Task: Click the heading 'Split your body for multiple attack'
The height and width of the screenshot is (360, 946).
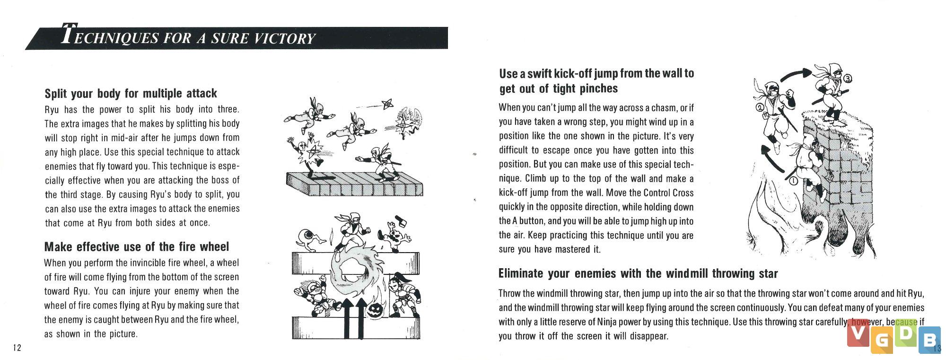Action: pos(131,93)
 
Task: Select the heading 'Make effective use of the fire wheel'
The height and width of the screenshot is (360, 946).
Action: pos(136,246)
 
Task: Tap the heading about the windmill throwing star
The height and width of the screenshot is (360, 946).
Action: pos(638,273)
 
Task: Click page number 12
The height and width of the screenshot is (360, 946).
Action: pos(17,348)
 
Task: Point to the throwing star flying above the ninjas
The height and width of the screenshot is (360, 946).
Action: pos(387,104)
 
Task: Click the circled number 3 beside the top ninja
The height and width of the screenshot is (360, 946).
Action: pos(848,78)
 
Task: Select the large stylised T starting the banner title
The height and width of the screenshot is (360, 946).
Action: pos(69,35)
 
